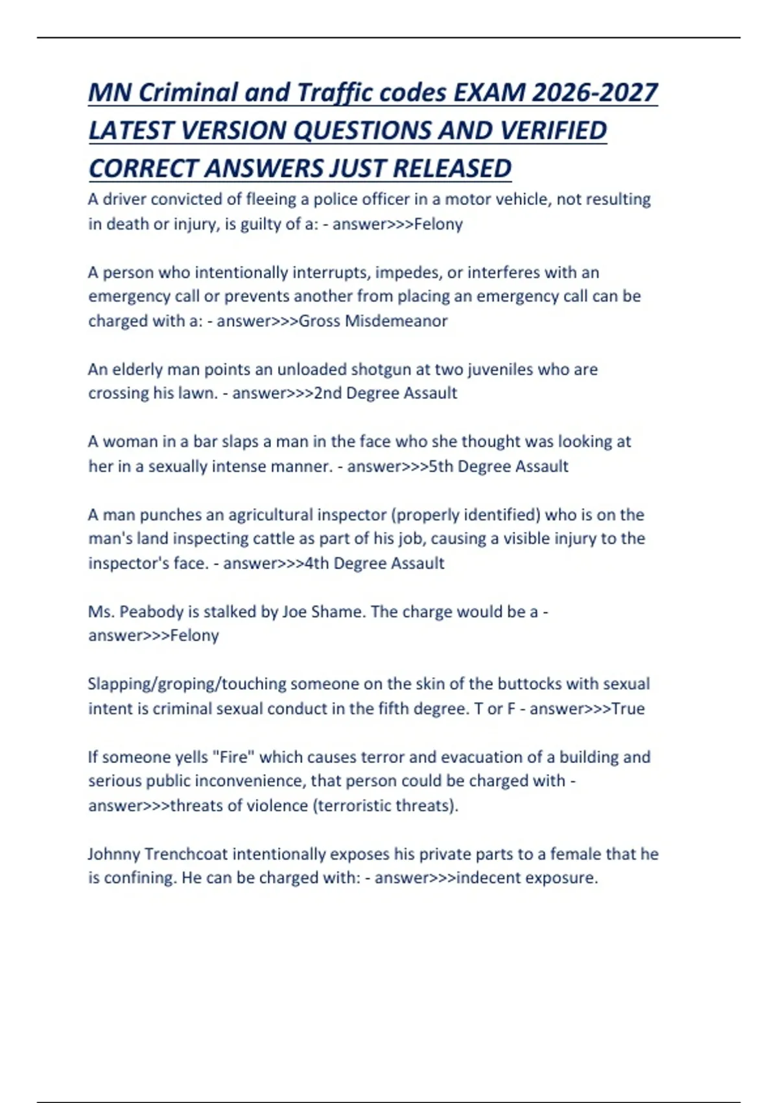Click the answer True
click(628, 709)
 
